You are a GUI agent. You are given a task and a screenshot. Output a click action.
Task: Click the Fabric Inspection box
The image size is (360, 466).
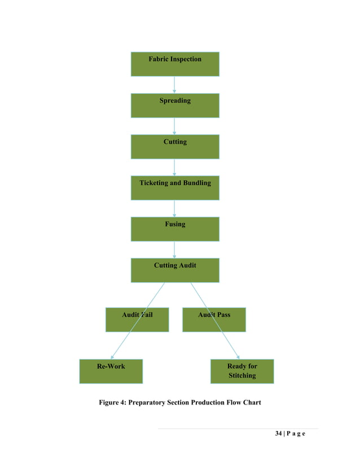[175, 64]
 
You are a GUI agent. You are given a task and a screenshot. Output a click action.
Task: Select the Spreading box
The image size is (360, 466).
[175, 105]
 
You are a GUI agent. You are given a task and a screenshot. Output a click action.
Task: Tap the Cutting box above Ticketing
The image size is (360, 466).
[175, 147]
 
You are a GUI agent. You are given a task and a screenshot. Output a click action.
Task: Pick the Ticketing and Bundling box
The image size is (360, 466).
[175, 188]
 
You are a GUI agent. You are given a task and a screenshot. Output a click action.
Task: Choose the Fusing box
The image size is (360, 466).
[175, 229]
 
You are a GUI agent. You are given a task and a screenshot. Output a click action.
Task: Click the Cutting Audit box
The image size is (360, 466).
[175, 270]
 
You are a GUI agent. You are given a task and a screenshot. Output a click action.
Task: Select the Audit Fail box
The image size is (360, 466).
[137, 319]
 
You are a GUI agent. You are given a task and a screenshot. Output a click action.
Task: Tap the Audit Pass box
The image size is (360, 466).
[214, 319]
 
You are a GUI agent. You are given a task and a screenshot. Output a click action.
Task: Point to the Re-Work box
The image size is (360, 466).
[111, 371]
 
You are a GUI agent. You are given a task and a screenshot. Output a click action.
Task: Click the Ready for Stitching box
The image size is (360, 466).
[242, 371]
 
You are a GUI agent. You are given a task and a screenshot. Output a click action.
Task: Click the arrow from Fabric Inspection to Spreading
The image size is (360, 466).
[174, 85]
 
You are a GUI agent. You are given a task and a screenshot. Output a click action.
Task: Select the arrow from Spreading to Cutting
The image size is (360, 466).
[174, 126]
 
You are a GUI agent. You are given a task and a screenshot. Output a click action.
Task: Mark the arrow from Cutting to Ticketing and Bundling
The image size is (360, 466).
[174, 167]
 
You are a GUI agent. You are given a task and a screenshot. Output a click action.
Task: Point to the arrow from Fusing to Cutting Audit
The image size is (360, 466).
[174, 249]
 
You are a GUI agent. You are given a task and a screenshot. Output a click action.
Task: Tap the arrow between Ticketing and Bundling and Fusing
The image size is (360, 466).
[174, 208]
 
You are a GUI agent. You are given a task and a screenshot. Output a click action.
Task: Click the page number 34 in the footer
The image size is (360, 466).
[278, 434]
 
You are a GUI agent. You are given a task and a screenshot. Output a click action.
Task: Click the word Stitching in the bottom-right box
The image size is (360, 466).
[242, 376]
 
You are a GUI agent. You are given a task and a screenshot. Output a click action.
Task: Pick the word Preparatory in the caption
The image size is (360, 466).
[157, 402]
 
